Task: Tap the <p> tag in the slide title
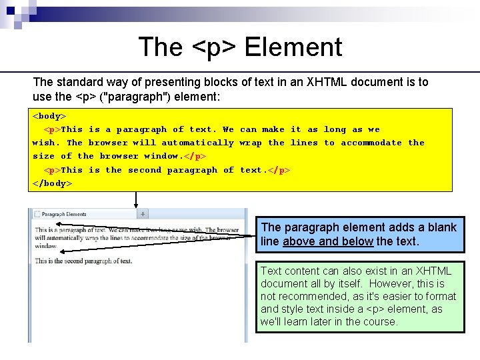[215, 48]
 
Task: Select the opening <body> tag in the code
[49, 116]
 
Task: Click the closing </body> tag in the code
[52, 183]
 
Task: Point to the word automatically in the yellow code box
[198, 143]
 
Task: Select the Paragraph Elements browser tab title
[64, 215]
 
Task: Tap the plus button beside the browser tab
[143, 214]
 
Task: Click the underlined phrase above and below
[327, 241]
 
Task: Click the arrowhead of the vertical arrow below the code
[136, 205]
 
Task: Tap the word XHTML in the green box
[433, 271]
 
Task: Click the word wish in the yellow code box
[45, 143]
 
